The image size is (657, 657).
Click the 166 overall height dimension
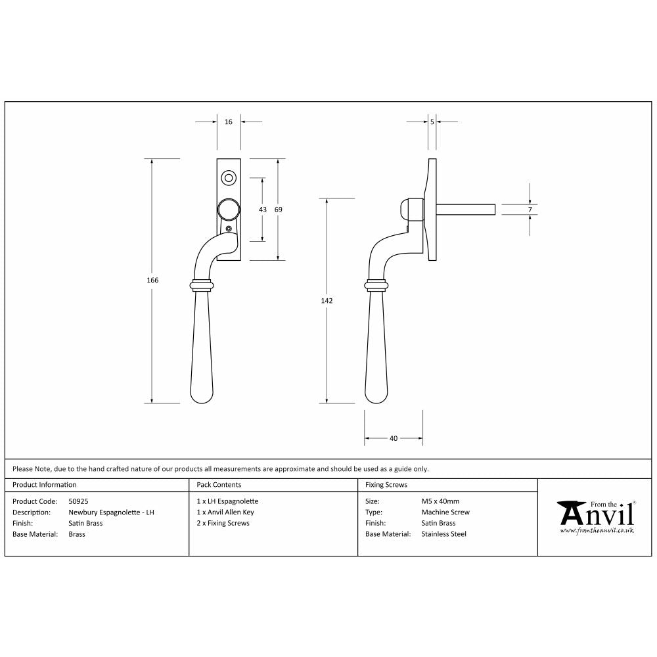[x=152, y=280]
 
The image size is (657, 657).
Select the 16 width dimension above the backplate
[x=229, y=122]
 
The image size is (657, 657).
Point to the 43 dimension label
[x=263, y=209]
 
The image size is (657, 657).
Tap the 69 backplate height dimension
[x=278, y=209]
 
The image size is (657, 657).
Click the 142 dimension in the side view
[x=327, y=300]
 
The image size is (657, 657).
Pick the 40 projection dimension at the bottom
[x=394, y=438]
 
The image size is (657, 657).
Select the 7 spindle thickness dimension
[x=530, y=209]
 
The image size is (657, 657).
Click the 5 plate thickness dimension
[x=432, y=122]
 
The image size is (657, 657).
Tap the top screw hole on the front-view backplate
[x=229, y=177]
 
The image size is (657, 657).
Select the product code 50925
[x=78, y=501]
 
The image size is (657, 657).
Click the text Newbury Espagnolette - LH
[x=111, y=512]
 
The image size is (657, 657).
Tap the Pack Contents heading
[x=219, y=485]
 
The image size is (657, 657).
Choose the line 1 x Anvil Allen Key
[x=225, y=512]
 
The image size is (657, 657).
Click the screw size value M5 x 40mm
[x=440, y=501]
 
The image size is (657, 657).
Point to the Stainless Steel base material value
[x=443, y=534]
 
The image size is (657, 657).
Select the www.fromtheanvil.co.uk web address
[x=597, y=530]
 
